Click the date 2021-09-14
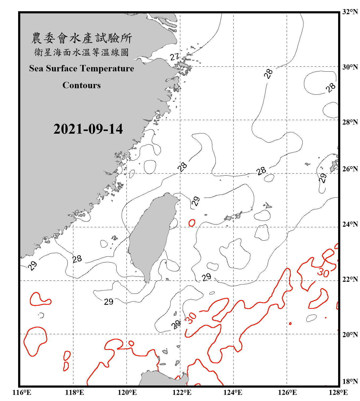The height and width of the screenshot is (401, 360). point(88,129)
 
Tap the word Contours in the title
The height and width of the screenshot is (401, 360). point(82,85)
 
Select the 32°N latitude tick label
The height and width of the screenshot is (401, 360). point(350,12)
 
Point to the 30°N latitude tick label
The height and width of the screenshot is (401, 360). point(350,67)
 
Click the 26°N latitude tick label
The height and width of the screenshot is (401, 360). point(350,169)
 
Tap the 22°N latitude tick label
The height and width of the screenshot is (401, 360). point(350,279)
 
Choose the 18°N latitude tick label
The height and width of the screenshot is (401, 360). point(350,381)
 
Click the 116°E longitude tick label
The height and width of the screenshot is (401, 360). point(22,392)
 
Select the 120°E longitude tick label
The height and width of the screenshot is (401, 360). point(127,392)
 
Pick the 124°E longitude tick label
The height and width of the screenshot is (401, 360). point(233,392)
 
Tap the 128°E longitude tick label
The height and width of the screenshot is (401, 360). point(338,392)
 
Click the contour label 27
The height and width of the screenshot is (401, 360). point(174,57)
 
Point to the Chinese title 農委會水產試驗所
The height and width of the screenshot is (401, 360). point(82,38)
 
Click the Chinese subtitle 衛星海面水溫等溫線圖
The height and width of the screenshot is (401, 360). point(82,52)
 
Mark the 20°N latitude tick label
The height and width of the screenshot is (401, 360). point(350,334)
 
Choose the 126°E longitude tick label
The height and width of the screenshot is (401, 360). point(287,392)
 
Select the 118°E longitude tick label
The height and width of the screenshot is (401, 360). point(74,392)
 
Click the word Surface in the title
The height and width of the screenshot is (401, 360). point(62,68)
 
